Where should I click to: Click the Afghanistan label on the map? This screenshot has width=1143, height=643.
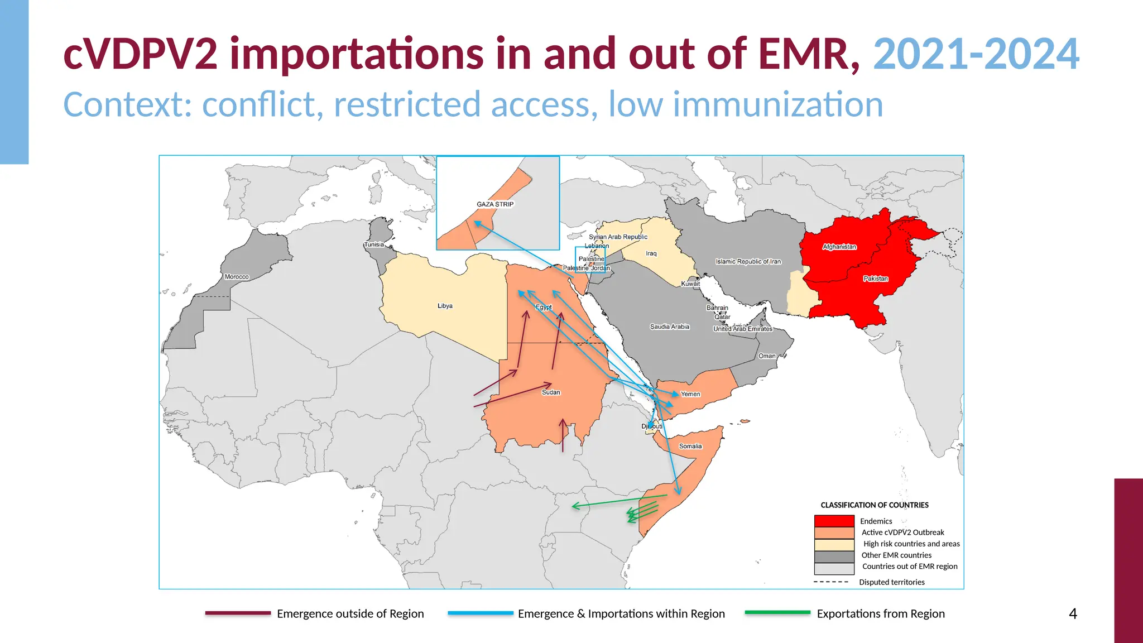tap(839, 247)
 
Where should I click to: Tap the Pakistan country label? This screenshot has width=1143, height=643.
tap(876, 279)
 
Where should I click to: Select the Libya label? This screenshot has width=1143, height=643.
tap(445, 306)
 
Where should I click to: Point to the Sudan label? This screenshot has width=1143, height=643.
tap(551, 392)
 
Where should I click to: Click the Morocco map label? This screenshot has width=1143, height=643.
tap(237, 277)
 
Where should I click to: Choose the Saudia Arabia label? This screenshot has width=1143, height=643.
tap(670, 327)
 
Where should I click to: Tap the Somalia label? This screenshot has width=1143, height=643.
tap(690, 446)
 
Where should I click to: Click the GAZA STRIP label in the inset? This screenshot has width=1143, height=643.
tap(495, 204)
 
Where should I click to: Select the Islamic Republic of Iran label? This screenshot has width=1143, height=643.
tap(748, 261)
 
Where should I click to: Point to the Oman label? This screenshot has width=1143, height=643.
tap(767, 356)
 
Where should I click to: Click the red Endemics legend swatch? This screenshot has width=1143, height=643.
tap(834, 521)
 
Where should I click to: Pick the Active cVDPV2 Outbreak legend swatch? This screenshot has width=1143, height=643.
tap(834, 532)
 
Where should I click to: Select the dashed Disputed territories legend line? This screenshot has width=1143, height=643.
tap(831, 582)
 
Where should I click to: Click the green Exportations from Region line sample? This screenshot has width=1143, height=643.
tap(777, 613)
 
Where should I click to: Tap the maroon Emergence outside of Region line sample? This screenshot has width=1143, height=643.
tap(238, 613)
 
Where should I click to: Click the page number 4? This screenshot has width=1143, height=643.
tap(1073, 614)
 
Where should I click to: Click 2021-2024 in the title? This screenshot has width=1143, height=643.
tap(976, 54)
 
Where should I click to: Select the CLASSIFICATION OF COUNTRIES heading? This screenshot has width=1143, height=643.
tap(875, 505)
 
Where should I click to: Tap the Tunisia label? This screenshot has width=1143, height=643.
tap(374, 244)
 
